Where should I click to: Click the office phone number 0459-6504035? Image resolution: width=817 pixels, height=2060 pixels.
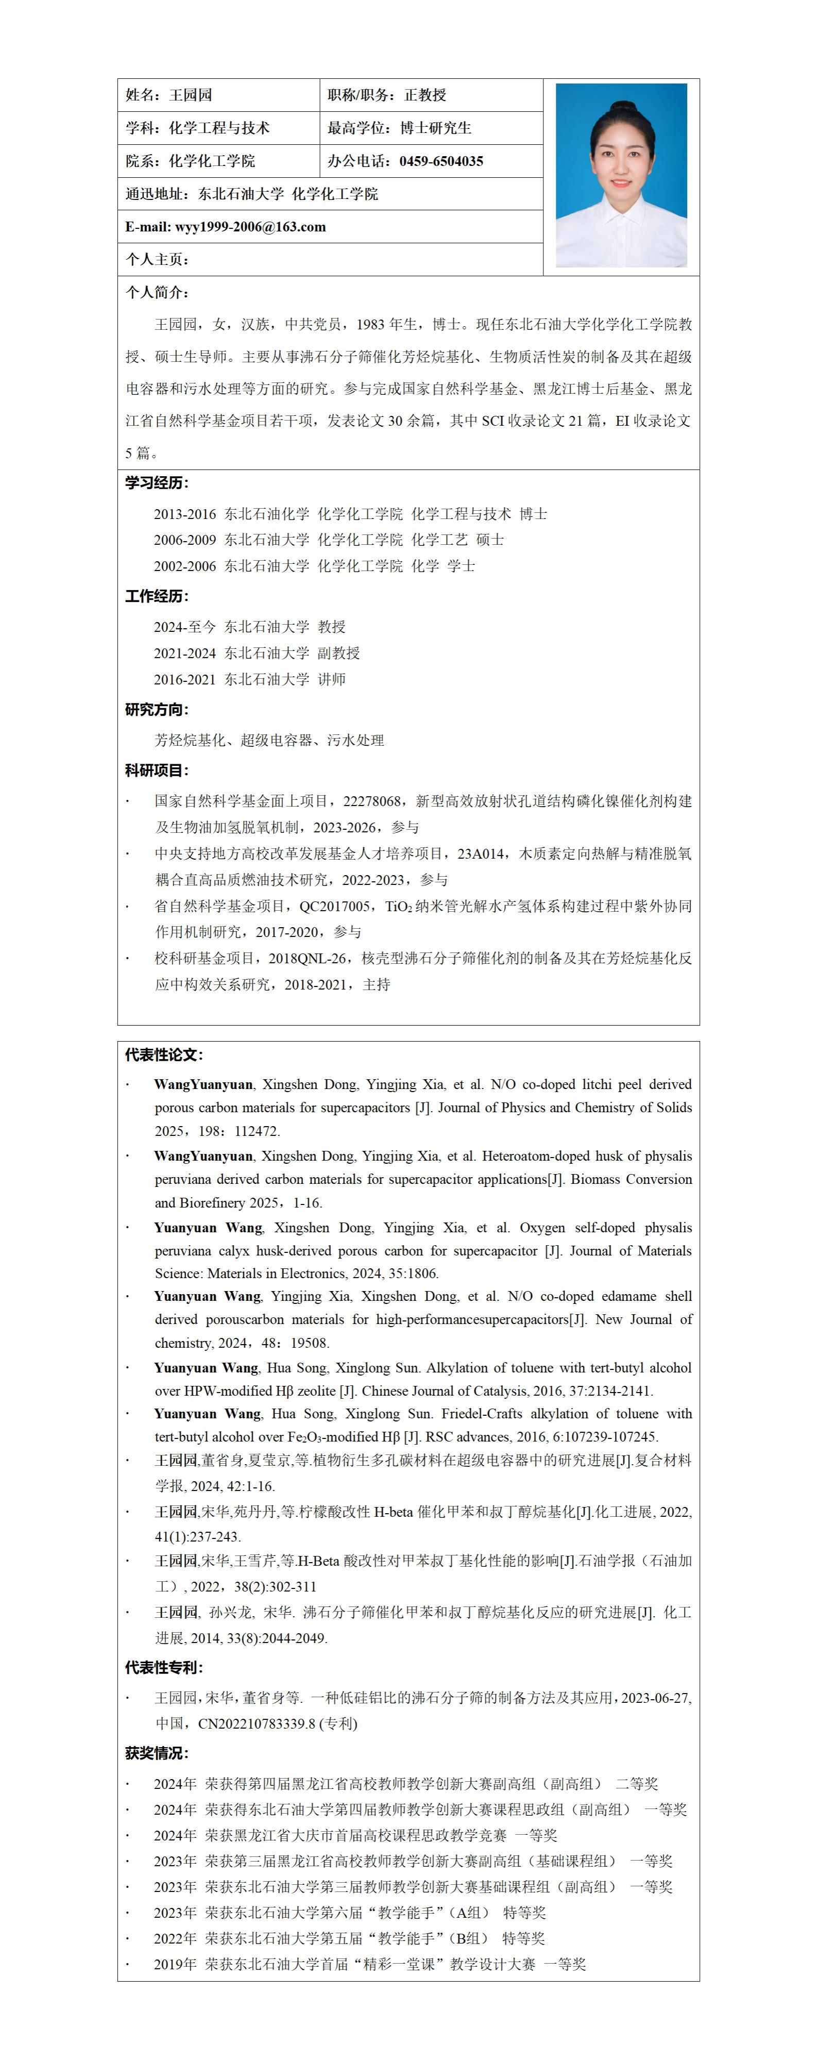(441, 161)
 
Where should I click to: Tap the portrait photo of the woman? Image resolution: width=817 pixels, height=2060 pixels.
(621, 175)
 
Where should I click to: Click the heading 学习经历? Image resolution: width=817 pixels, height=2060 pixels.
(157, 483)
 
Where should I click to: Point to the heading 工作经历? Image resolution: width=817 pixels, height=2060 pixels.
(157, 596)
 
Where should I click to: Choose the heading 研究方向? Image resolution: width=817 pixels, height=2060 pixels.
(157, 709)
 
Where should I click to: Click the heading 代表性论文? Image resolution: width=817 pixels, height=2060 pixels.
(164, 1055)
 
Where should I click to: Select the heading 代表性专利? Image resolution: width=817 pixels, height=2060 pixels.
(164, 1667)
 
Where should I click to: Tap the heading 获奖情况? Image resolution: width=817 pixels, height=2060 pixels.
(157, 1753)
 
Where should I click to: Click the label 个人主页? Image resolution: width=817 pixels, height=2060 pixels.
(157, 259)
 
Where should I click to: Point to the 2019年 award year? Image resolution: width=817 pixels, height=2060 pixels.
(175, 1964)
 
